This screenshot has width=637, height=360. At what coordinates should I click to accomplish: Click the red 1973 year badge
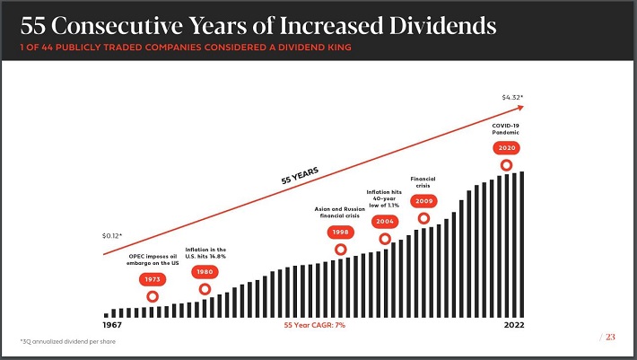(x=152, y=279)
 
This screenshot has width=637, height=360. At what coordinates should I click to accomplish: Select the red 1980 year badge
(x=205, y=271)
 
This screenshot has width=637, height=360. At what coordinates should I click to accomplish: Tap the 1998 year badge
(x=340, y=232)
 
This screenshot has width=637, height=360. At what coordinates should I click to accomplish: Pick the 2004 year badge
(x=386, y=221)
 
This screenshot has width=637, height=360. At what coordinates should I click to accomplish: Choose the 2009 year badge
(x=423, y=201)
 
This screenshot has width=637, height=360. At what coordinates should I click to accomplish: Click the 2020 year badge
(x=506, y=147)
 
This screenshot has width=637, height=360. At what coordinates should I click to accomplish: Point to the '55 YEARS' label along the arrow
(x=300, y=174)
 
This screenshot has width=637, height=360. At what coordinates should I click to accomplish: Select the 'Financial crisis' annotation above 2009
(x=423, y=181)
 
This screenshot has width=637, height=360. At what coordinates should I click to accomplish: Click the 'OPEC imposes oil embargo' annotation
(x=152, y=259)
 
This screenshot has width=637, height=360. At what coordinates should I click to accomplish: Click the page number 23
(x=610, y=338)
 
